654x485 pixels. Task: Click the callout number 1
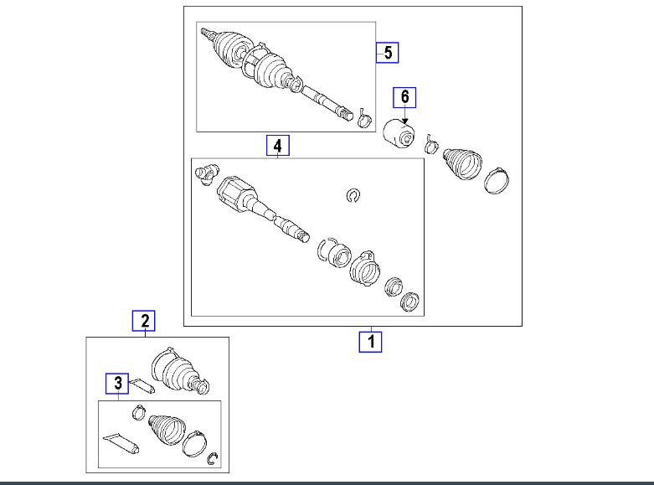coord(370,342)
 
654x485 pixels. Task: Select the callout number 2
coord(144,321)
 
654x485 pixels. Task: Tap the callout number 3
coord(117,384)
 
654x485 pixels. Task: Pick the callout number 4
coord(278,145)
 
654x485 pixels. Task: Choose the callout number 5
coord(388,53)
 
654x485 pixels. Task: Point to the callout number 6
coord(404,97)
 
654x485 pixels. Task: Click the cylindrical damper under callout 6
coord(399,133)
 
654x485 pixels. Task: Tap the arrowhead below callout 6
coord(404,121)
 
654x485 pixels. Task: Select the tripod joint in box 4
coord(207,174)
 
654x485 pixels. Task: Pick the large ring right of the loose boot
coord(497,180)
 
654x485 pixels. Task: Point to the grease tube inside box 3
coord(121,443)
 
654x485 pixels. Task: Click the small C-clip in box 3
coord(213,459)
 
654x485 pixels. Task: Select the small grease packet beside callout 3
coord(142,385)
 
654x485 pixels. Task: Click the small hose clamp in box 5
coord(364,118)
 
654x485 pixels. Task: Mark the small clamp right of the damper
coord(431,144)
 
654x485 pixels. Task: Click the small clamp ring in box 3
coord(138,412)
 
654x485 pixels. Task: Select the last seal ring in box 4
coord(409,302)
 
